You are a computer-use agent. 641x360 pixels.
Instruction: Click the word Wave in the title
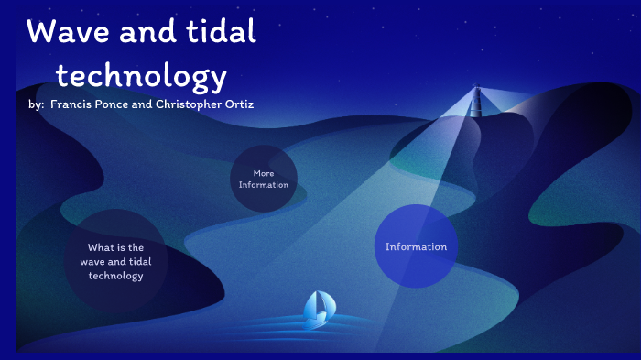click(64, 33)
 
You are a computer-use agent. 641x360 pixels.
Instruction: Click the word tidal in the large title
click(220, 33)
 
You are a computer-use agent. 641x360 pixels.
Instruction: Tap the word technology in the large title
click(141, 75)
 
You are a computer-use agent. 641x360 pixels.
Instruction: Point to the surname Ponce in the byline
click(120, 104)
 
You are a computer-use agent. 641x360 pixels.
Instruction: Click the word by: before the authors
click(37, 104)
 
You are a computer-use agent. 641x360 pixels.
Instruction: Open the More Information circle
click(264, 179)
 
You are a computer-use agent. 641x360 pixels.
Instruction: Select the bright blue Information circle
click(416, 245)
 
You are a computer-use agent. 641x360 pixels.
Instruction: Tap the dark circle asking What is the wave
click(116, 261)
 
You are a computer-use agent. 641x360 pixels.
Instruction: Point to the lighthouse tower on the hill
click(475, 99)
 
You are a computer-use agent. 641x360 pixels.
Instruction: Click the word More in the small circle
click(264, 173)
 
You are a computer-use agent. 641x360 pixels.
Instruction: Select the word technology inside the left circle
click(116, 276)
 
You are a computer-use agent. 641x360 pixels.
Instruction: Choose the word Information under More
click(264, 185)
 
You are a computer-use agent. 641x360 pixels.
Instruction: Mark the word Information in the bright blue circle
click(416, 246)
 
